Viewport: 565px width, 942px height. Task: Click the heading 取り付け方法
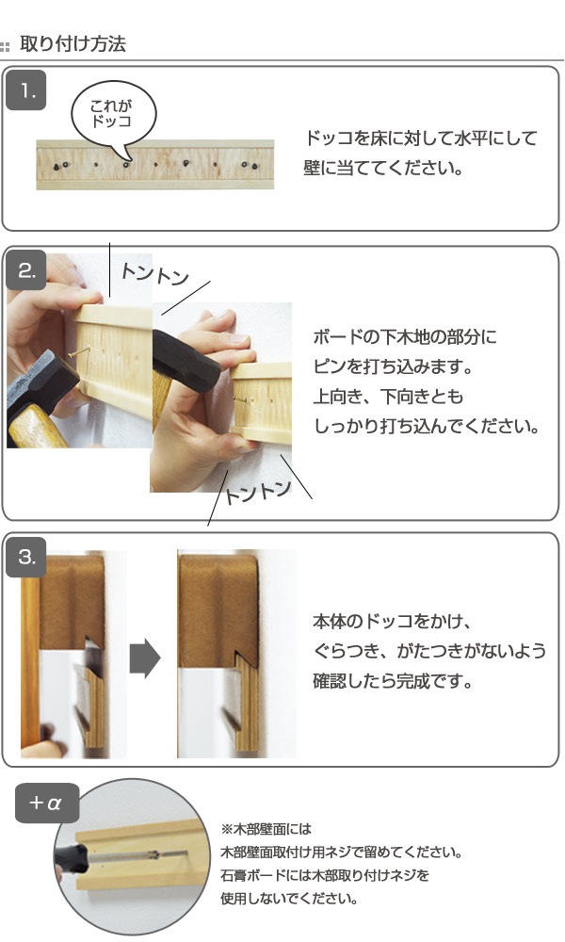pyautogui.click(x=73, y=44)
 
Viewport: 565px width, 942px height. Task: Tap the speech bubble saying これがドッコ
pyautogui.click(x=112, y=116)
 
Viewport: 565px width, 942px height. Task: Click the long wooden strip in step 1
pyautogui.click(x=154, y=166)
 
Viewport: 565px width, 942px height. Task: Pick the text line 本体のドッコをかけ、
pyautogui.click(x=391, y=622)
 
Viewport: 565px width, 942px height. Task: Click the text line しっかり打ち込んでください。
pyautogui.click(x=425, y=426)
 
